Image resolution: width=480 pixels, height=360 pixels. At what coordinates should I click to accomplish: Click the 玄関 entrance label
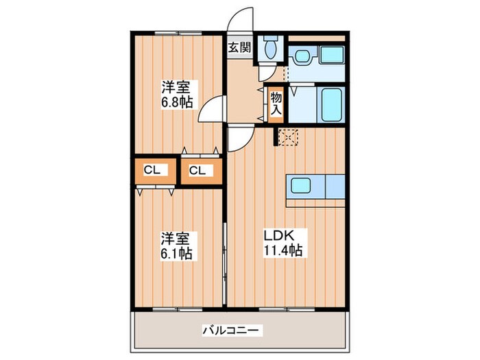click(x=240, y=48)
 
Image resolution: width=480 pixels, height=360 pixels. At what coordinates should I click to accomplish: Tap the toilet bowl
click(x=270, y=47)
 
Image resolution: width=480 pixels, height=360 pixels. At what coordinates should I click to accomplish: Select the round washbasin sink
click(x=302, y=55)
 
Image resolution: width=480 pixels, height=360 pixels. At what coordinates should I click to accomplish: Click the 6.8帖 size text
click(x=177, y=101)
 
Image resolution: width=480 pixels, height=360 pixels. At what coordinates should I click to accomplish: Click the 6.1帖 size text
click(x=177, y=253)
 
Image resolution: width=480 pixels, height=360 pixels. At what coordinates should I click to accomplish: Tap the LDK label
click(x=280, y=235)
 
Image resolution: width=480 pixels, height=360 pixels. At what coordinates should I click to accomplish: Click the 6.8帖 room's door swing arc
click(x=214, y=110)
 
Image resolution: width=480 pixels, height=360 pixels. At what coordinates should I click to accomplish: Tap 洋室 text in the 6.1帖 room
click(x=176, y=239)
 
